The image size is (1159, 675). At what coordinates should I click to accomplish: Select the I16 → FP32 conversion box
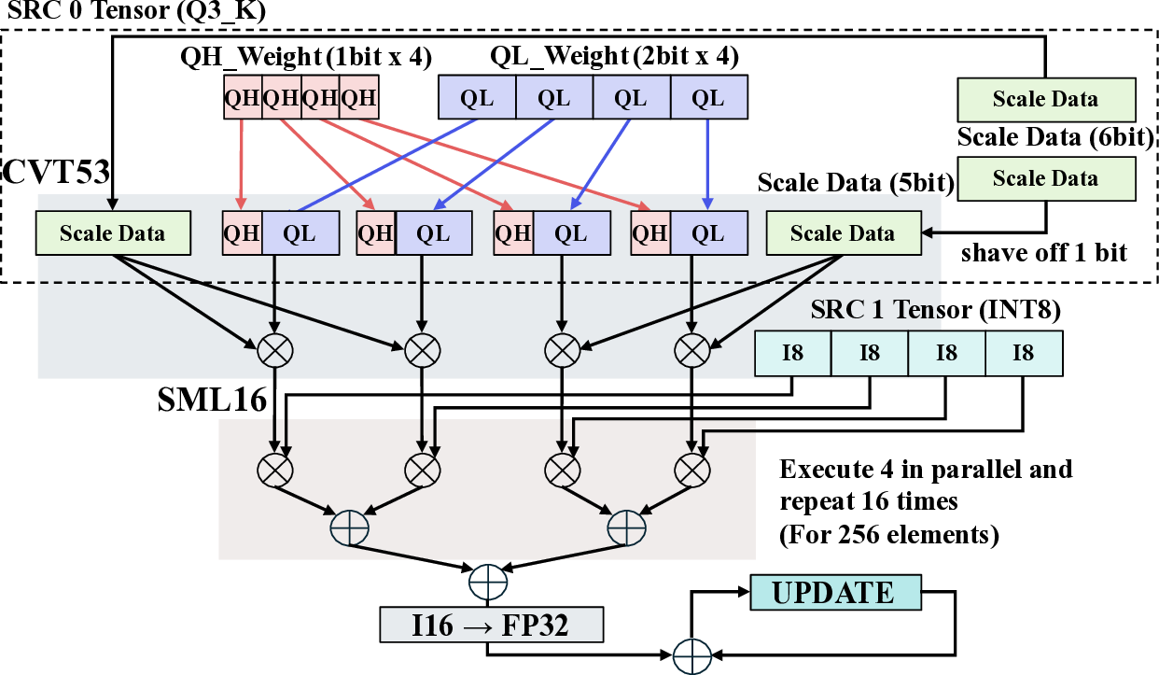pyautogui.click(x=491, y=625)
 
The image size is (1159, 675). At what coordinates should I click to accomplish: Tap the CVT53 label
pyautogui.click(x=58, y=173)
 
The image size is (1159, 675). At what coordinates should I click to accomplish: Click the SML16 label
pyautogui.click(x=212, y=400)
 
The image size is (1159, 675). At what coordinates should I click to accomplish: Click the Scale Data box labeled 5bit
pyautogui.click(x=843, y=233)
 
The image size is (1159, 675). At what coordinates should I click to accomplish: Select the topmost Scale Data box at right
pyautogui.click(x=1046, y=100)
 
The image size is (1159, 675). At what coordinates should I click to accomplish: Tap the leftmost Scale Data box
pyautogui.click(x=112, y=233)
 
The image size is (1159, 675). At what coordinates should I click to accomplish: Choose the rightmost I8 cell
pyautogui.click(x=1023, y=353)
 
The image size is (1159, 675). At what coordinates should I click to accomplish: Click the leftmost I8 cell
pyautogui.click(x=792, y=353)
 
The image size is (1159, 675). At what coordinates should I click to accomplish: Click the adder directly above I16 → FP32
pyautogui.click(x=488, y=580)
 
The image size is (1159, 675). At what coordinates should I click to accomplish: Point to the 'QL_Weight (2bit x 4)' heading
pyautogui.click(x=614, y=57)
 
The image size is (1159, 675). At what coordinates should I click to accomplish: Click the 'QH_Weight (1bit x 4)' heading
pyautogui.click(x=306, y=57)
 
